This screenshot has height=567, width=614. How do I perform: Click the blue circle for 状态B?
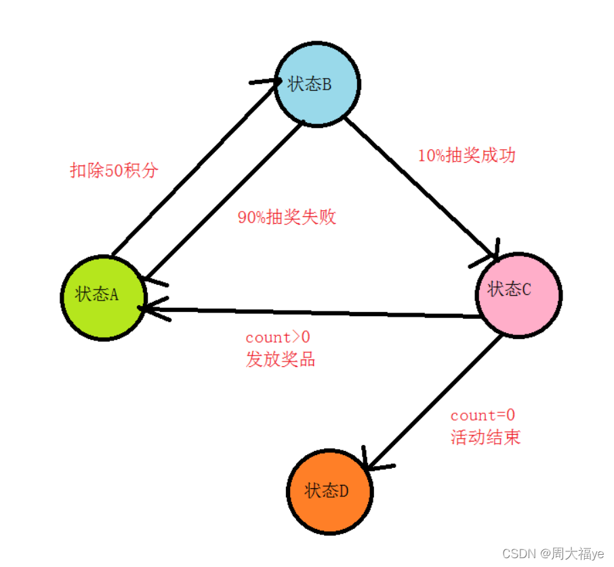pos(317,85)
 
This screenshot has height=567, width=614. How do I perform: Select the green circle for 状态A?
pos(104,298)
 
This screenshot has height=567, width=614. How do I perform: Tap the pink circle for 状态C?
pos(519,294)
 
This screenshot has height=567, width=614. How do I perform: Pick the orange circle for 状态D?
pos(330,491)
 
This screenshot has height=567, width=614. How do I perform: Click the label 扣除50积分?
pos(114,170)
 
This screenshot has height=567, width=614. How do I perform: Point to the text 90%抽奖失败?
pos(287,218)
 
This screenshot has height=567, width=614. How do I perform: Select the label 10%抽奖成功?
pos(466,155)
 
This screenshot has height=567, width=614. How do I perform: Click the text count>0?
pos(277,337)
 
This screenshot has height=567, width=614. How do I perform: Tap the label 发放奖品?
pos(280,359)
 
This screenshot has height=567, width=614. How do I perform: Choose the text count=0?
pos(483,415)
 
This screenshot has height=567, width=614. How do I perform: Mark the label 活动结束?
pos(485,437)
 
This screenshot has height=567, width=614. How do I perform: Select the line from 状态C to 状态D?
pos(434,400)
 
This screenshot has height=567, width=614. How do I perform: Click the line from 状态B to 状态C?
pos(420,187)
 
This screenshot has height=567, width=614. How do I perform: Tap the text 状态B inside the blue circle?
pos(310,85)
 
